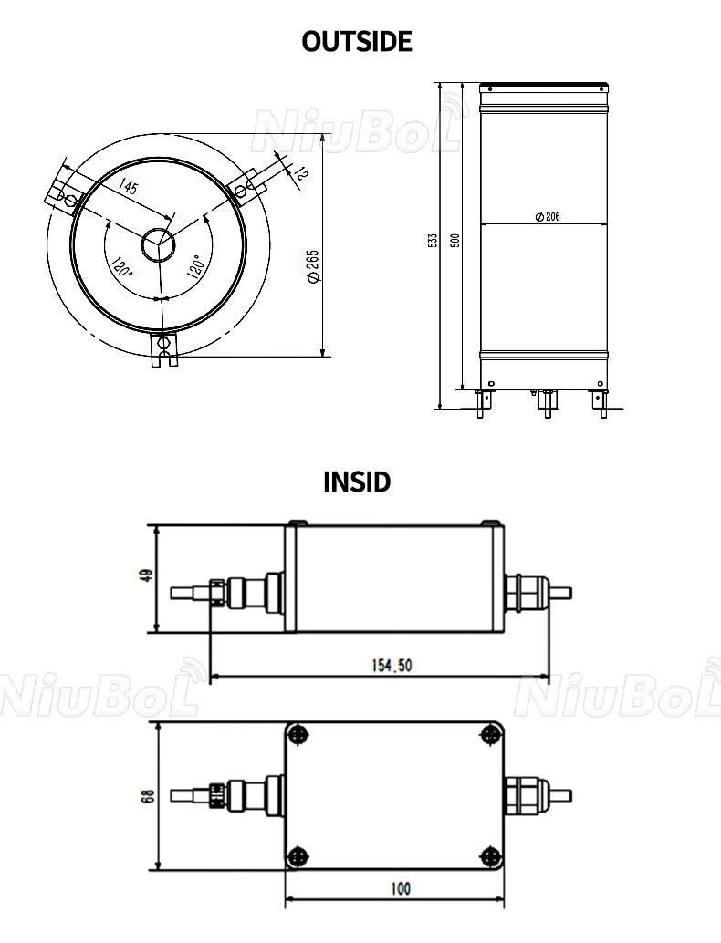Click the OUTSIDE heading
pos(357,41)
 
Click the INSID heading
pos(357,482)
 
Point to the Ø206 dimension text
pos(547,216)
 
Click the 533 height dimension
pos(433,240)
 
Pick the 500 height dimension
pos(455,240)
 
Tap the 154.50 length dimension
pos(392,666)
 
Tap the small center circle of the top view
pos(158,244)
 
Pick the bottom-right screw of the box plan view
pos(492,855)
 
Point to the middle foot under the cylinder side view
pos(546,400)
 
